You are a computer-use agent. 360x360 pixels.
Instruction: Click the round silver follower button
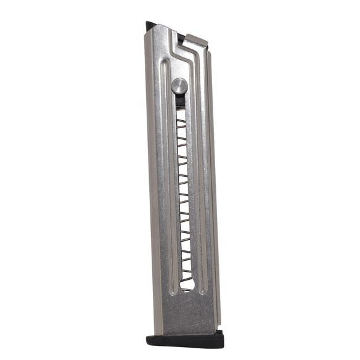pos(179,86)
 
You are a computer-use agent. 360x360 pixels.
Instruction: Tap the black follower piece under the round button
pos(179,100)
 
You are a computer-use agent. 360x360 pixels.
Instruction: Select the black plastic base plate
pos(184,340)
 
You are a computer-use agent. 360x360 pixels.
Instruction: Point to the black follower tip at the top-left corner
pos(150,26)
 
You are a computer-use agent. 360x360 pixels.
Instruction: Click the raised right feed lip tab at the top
pos(196,41)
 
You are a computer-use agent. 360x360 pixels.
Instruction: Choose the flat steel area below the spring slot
pos(188,311)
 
